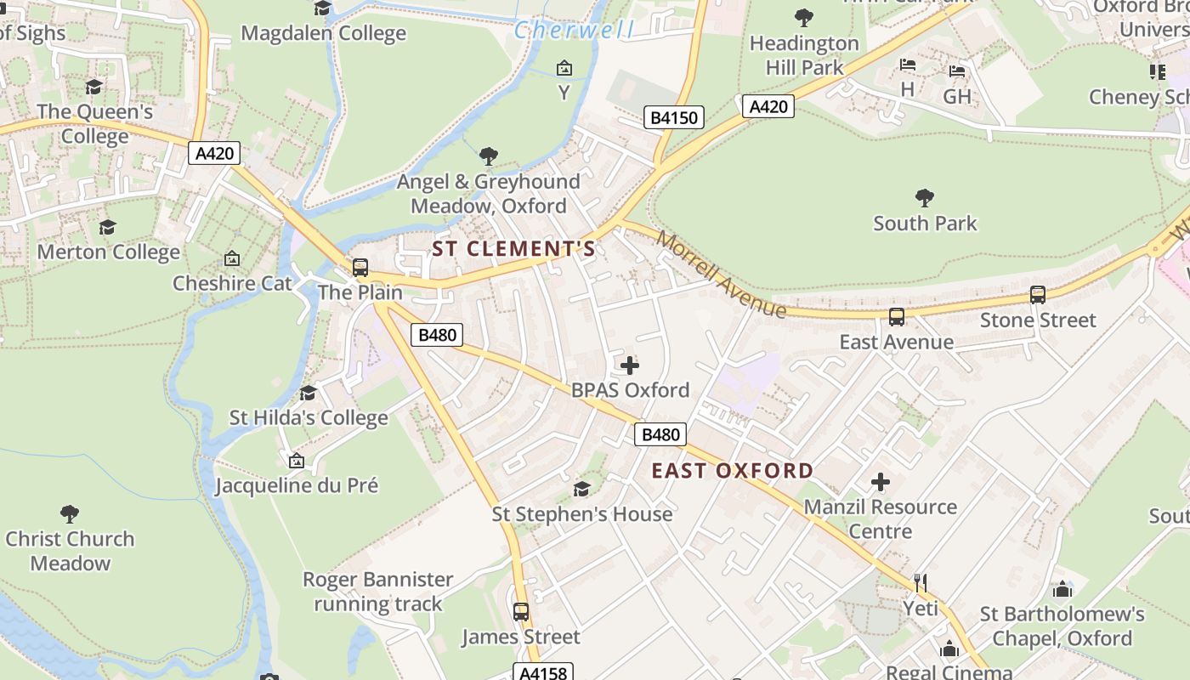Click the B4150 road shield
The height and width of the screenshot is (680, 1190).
tap(674, 117)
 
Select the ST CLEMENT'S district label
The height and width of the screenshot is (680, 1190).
tap(513, 249)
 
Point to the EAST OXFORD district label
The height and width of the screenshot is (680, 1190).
tap(732, 471)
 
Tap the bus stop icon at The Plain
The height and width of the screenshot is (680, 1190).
tap(360, 268)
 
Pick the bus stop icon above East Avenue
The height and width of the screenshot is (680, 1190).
tap(896, 317)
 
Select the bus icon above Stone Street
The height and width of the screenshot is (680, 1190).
tap(1037, 295)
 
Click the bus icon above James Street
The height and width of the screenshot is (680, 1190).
tap(520, 612)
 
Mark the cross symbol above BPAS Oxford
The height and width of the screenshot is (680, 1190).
tap(629, 365)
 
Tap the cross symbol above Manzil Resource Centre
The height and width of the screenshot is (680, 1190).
tap(880, 482)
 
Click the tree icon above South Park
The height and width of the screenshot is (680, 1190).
tap(925, 199)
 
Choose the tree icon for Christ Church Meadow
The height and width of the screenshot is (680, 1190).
tap(70, 514)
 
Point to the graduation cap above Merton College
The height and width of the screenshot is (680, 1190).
tap(107, 227)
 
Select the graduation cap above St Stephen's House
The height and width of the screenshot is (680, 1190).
tap(581, 489)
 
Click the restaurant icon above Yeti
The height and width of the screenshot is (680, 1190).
tap(920, 583)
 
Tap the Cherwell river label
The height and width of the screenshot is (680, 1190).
tap(574, 31)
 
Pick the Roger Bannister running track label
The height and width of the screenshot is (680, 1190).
tap(378, 592)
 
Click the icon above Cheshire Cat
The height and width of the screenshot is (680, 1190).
tap(231, 258)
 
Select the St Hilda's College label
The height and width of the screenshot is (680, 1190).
tap(309, 417)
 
